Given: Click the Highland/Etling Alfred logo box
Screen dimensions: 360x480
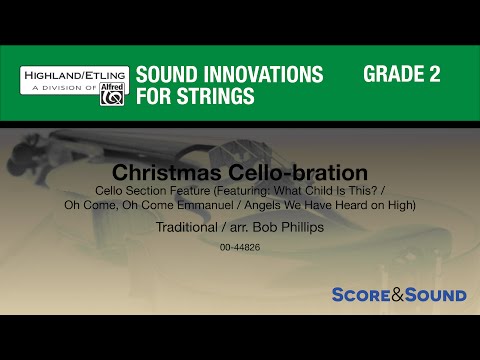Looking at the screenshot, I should click(x=73, y=86).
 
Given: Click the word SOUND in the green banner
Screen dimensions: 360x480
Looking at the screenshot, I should click(x=165, y=76).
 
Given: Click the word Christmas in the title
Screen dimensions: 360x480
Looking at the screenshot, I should click(x=160, y=172).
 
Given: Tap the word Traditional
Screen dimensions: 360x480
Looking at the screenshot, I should click(x=190, y=227).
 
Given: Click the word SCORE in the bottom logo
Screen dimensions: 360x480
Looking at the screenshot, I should click(x=365, y=295).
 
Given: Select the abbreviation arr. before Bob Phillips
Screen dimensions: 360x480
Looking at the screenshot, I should click(x=246, y=227).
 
